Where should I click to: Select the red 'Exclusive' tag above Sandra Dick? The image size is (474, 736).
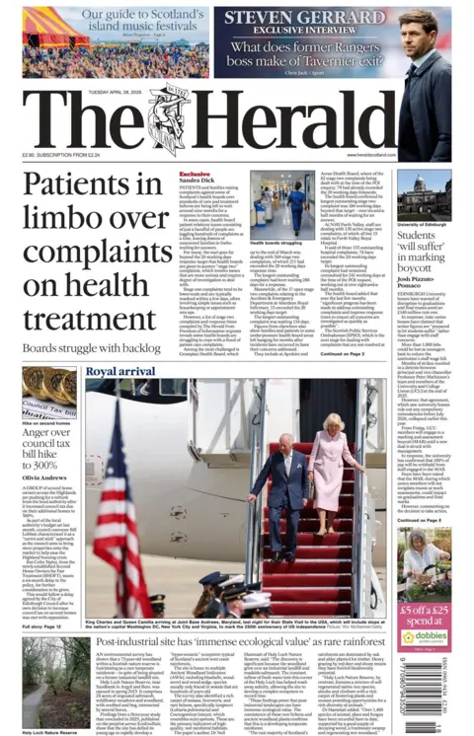tap(194, 173)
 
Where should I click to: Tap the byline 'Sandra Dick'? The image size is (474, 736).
tap(196, 181)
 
